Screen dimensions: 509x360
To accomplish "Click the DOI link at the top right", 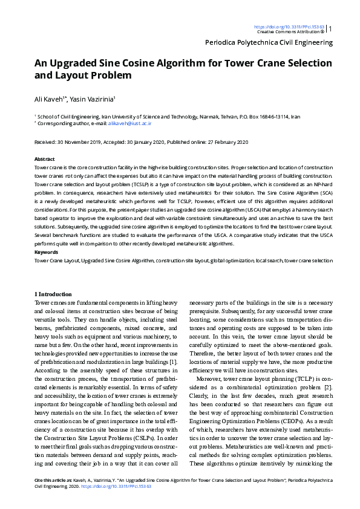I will pos(289,27).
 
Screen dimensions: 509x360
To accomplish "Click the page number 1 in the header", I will pos(330,28).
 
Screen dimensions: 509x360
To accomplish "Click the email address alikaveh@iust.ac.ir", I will pos(129,123).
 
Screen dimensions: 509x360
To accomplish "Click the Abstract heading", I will pos(45,158).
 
